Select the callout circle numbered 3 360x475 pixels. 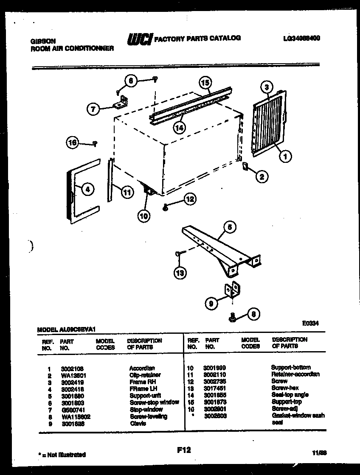point(267,88)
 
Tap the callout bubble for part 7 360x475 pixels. point(93,109)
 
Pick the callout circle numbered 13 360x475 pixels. point(180,273)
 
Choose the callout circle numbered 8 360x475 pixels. point(253,314)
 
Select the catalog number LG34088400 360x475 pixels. point(301,38)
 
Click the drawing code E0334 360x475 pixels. point(311,323)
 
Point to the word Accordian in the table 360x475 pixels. point(142,368)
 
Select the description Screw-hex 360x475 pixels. point(284,388)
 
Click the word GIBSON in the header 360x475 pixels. point(43,41)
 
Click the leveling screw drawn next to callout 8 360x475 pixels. point(233,317)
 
